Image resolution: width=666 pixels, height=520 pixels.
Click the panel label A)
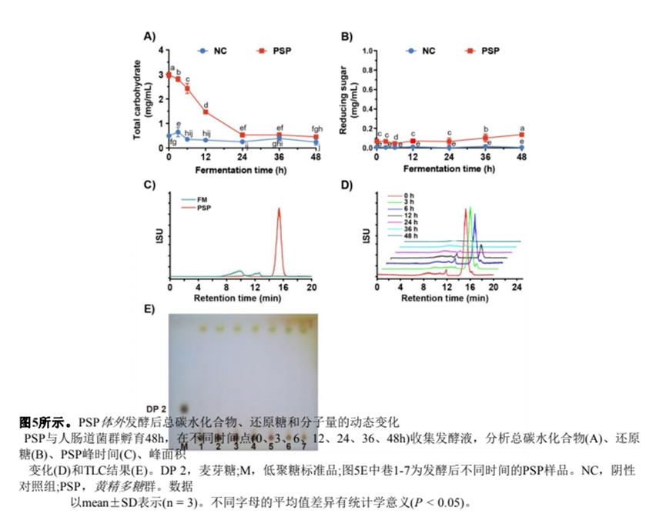pyautogui.click(x=149, y=36)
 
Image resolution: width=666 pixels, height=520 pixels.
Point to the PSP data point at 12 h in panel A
pyautogui.click(x=206, y=112)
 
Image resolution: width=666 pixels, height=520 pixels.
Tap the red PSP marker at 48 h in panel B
pyautogui.click(x=522, y=135)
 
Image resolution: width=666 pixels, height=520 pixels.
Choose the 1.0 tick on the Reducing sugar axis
pyautogui.click(x=366, y=51)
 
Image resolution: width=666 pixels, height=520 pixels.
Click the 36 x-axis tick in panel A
pyautogui.click(x=279, y=157)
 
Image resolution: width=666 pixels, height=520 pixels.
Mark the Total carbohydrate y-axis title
pyautogui.click(x=139, y=98)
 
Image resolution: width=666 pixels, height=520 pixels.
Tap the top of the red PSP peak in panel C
pyautogui.click(x=279, y=208)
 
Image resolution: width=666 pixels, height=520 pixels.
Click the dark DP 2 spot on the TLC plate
pyautogui.click(x=183, y=408)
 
